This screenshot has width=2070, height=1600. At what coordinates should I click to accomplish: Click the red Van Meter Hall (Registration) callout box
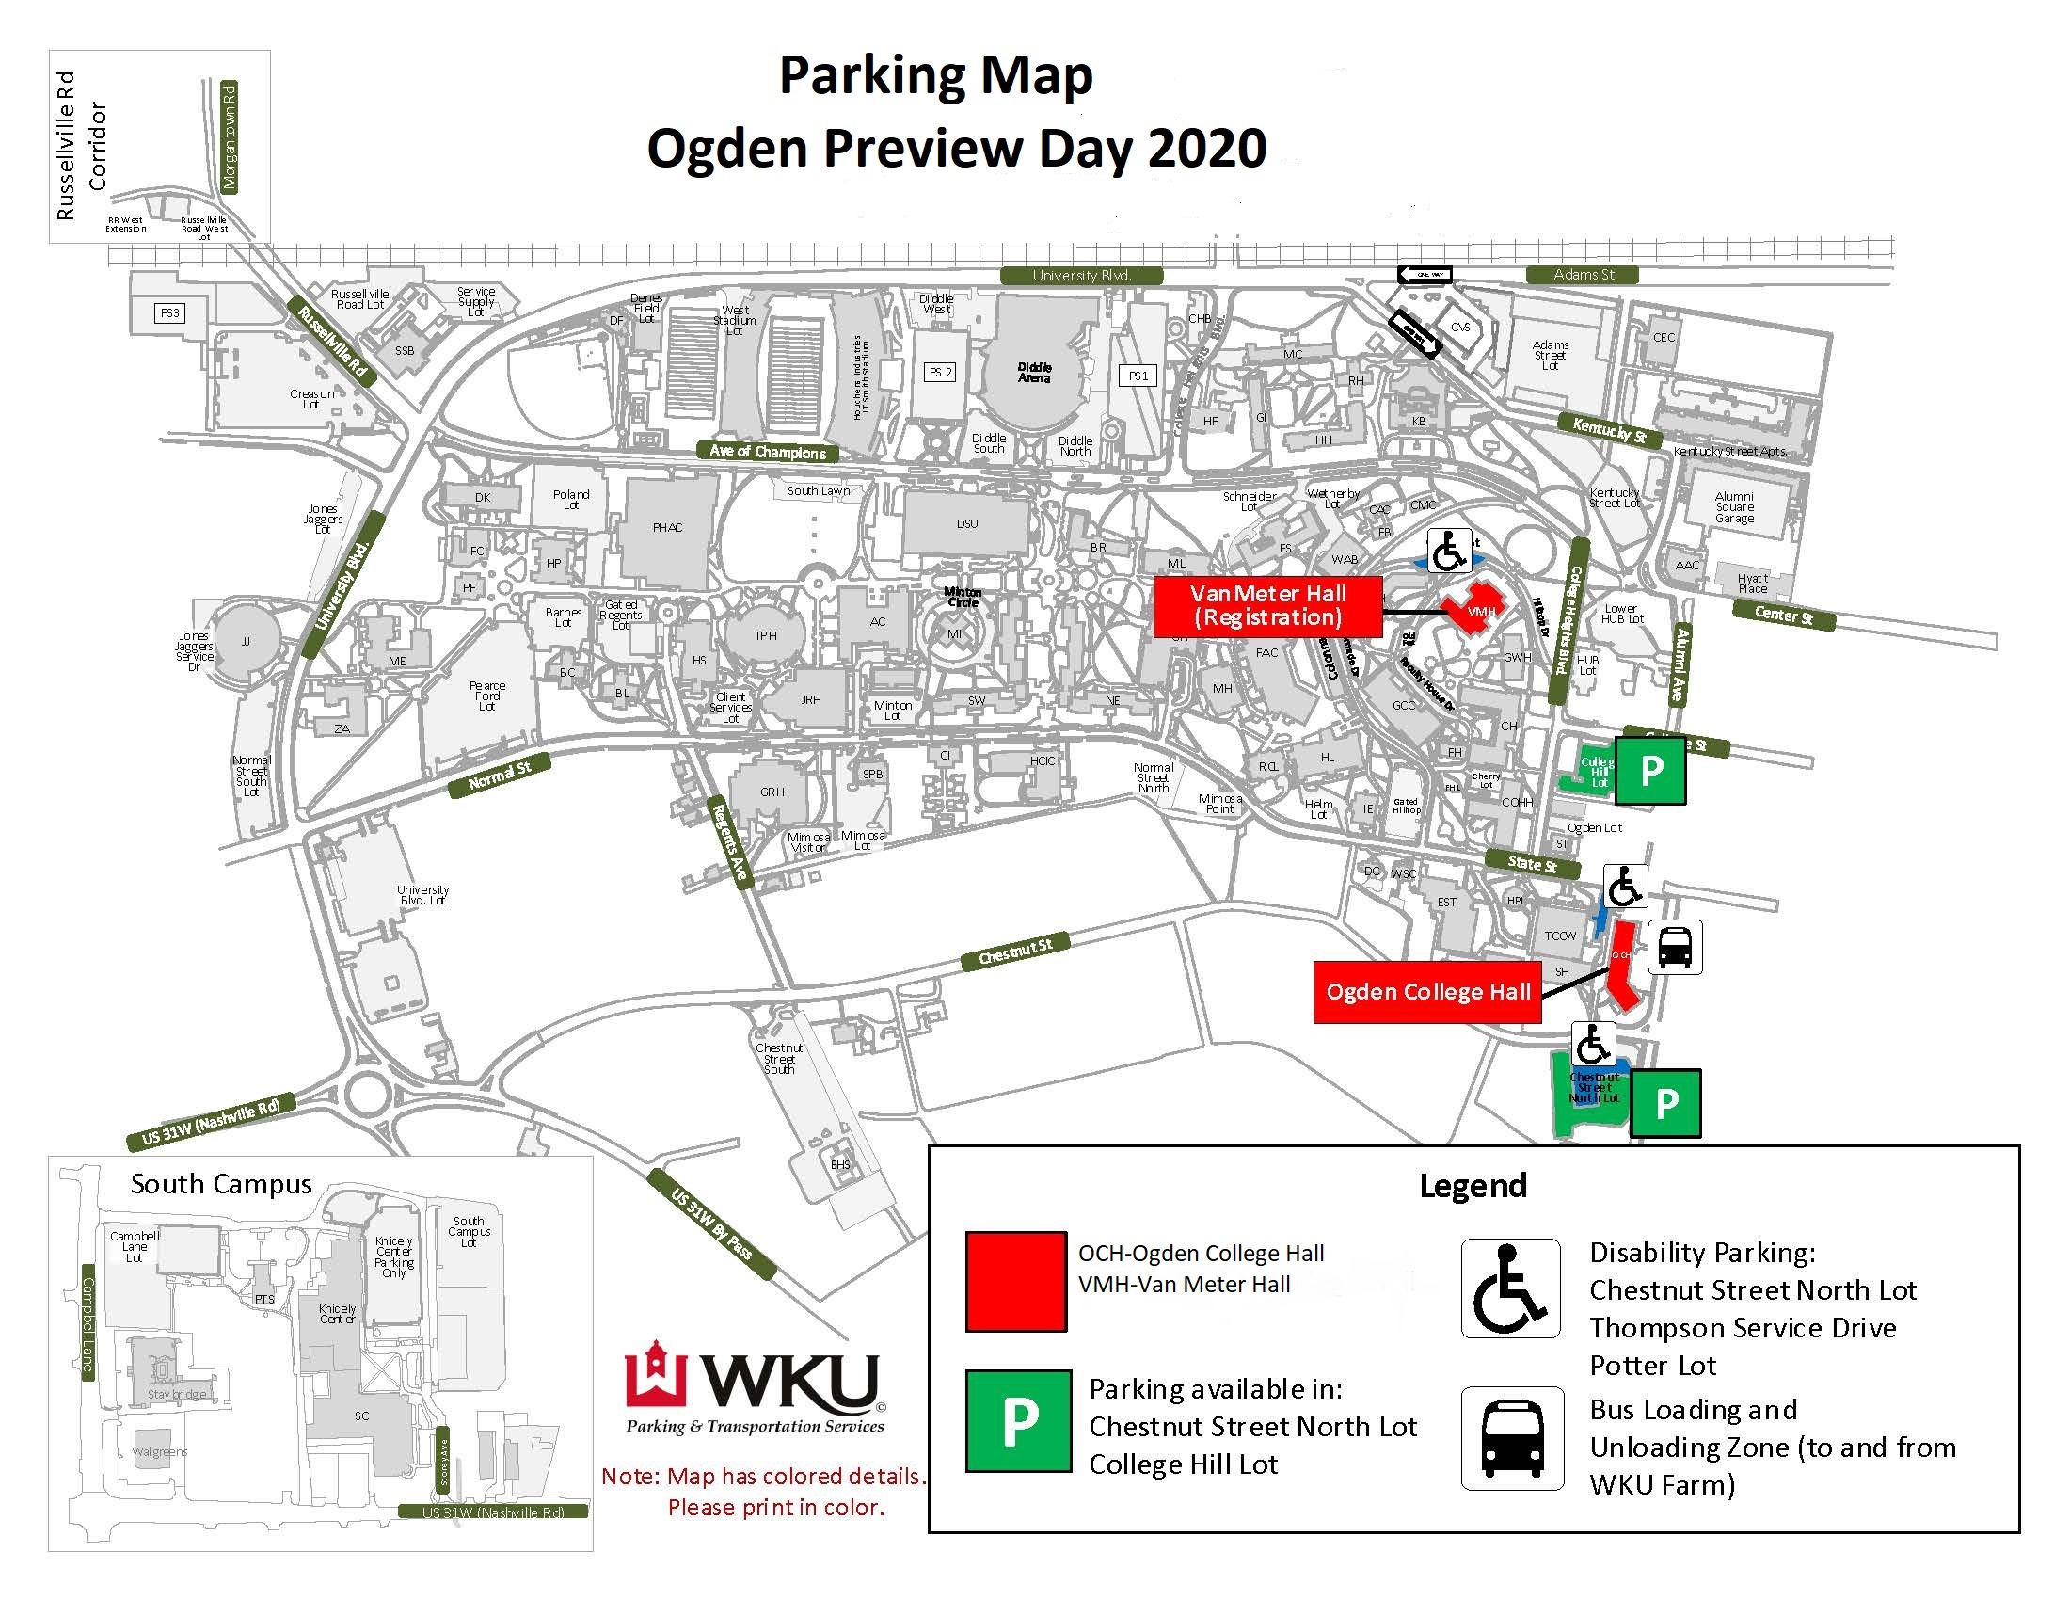coord(1267,607)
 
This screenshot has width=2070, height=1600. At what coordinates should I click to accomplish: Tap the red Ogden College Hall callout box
coord(1426,992)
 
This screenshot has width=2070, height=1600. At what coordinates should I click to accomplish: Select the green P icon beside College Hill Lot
coord(1650,771)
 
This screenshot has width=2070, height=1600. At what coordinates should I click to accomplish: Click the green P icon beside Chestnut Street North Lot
coord(1665,1103)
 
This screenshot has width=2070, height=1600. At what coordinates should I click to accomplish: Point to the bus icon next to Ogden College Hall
coord(1675,947)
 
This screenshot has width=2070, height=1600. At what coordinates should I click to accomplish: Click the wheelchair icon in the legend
coord(1510,1288)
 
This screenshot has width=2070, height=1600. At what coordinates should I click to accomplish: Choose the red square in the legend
coord(1016,1282)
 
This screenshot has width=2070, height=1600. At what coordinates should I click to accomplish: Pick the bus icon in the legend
coord(1512,1439)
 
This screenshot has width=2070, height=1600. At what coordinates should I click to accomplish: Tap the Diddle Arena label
coord(1034,373)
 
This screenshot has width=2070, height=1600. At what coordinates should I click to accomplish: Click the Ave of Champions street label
coord(768,452)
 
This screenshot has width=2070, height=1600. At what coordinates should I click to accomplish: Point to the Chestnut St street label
coord(1015,951)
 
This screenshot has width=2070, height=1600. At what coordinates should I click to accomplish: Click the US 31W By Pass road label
coord(712,1224)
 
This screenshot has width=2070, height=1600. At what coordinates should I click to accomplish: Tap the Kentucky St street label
coord(1609,430)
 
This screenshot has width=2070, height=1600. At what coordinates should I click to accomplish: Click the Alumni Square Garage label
coord(1734,507)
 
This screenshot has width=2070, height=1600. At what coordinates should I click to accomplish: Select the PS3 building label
coord(169,312)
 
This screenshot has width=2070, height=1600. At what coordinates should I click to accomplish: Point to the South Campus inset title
coord(221,1184)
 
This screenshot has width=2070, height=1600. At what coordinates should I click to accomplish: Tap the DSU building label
coord(966,523)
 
